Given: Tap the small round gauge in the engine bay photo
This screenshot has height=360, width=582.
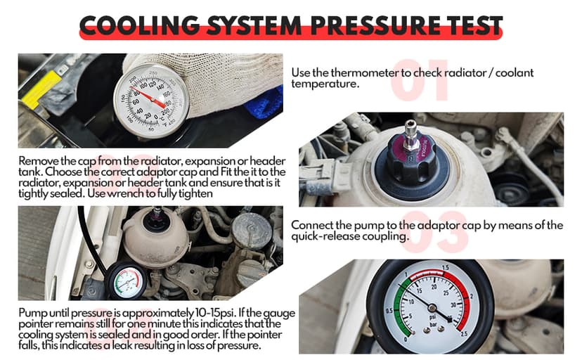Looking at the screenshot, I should [x=127, y=281].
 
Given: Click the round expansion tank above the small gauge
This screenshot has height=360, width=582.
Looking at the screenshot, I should [x=156, y=236].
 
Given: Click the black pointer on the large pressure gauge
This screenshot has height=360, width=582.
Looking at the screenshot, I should [x=422, y=302].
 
